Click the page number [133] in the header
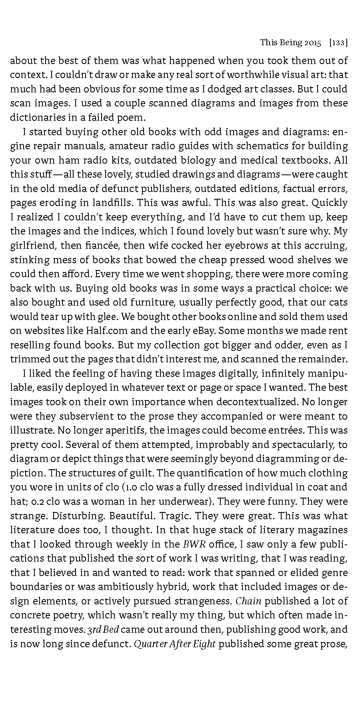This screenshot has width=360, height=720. tap(338, 43)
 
